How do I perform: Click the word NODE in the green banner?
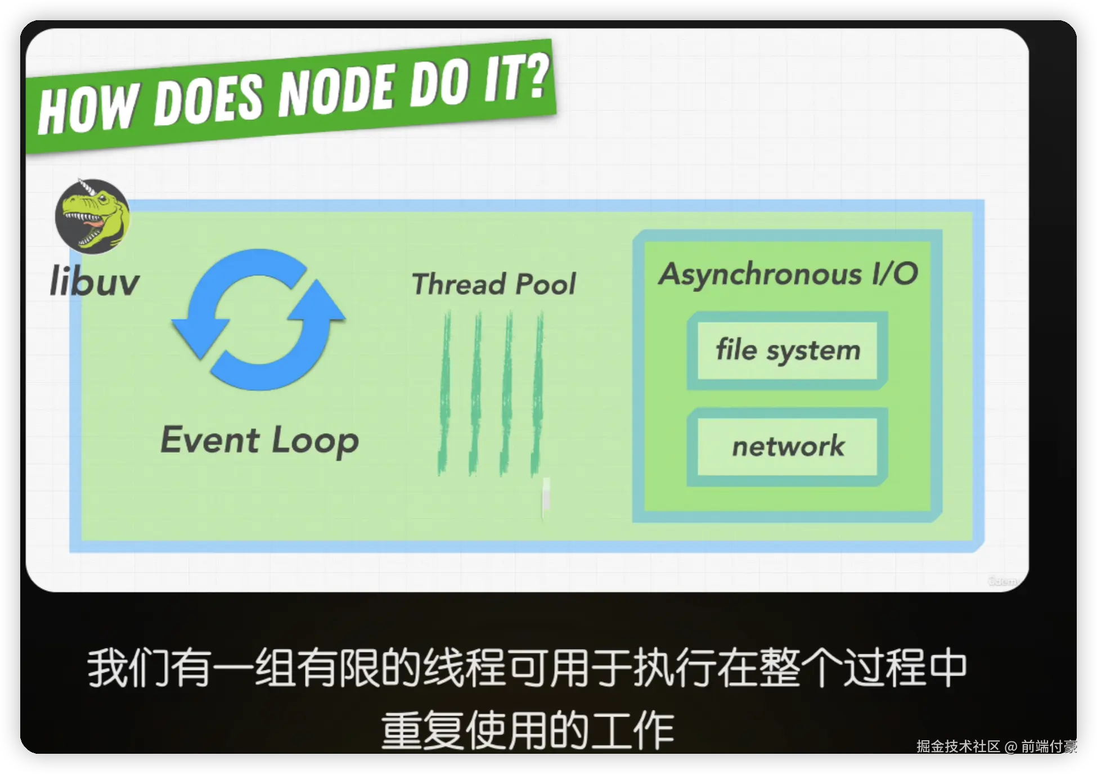tap(336, 92)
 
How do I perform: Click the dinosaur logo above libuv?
tap(92, 216)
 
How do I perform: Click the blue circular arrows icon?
tap(258, 319)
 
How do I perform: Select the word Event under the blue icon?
tap(210, 439)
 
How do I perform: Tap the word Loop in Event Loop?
tap(315, 442)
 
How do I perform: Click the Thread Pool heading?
tap(494, 283)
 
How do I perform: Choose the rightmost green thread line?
tap(537, 394)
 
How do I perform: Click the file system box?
tap(788, 350)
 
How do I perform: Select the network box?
tap(788, 447)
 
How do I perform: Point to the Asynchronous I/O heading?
tap(788, 274)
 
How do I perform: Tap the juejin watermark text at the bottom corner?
tap(996, 746)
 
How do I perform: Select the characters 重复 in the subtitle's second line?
tap(422, 730)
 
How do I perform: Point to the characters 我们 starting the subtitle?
tap(129, 668)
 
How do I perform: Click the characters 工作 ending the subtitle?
tap(633, 730)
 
